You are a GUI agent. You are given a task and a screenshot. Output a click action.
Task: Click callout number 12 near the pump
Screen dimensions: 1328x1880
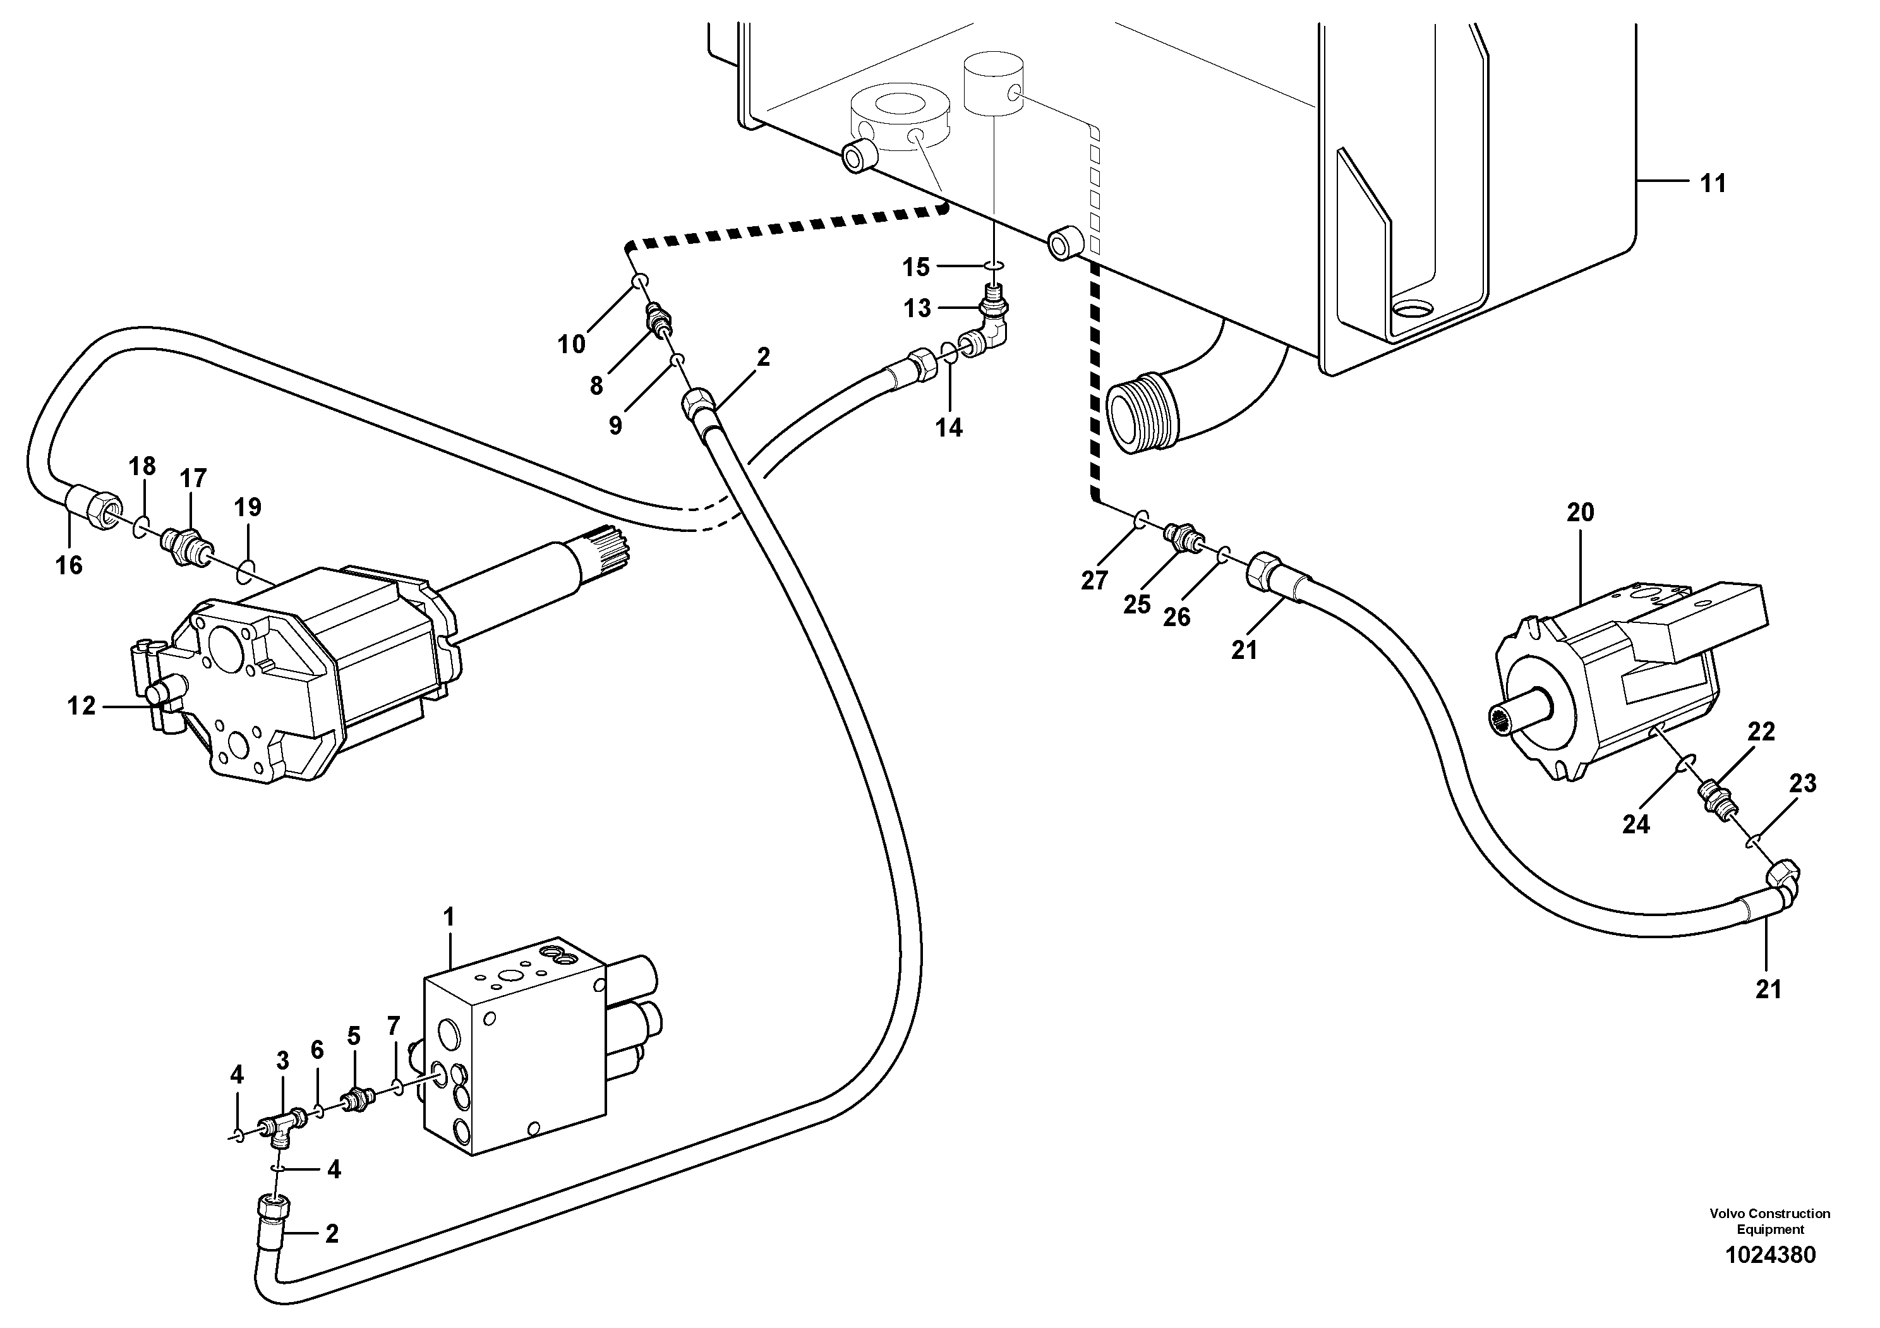pyautogui.click(x=81, y=706)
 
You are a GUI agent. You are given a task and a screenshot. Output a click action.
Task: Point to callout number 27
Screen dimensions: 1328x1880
pyautogui.click(x=1094, y=581)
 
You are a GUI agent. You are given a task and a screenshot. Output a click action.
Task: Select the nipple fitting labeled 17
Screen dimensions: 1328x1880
pyautogui.click(x=188, y=540)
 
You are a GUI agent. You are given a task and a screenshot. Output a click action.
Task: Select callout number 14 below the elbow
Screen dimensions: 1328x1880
pyautogui.click(x=949, y=427)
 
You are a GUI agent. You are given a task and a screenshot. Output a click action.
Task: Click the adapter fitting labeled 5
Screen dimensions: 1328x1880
pyautogui.click(x=357, y=1098)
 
